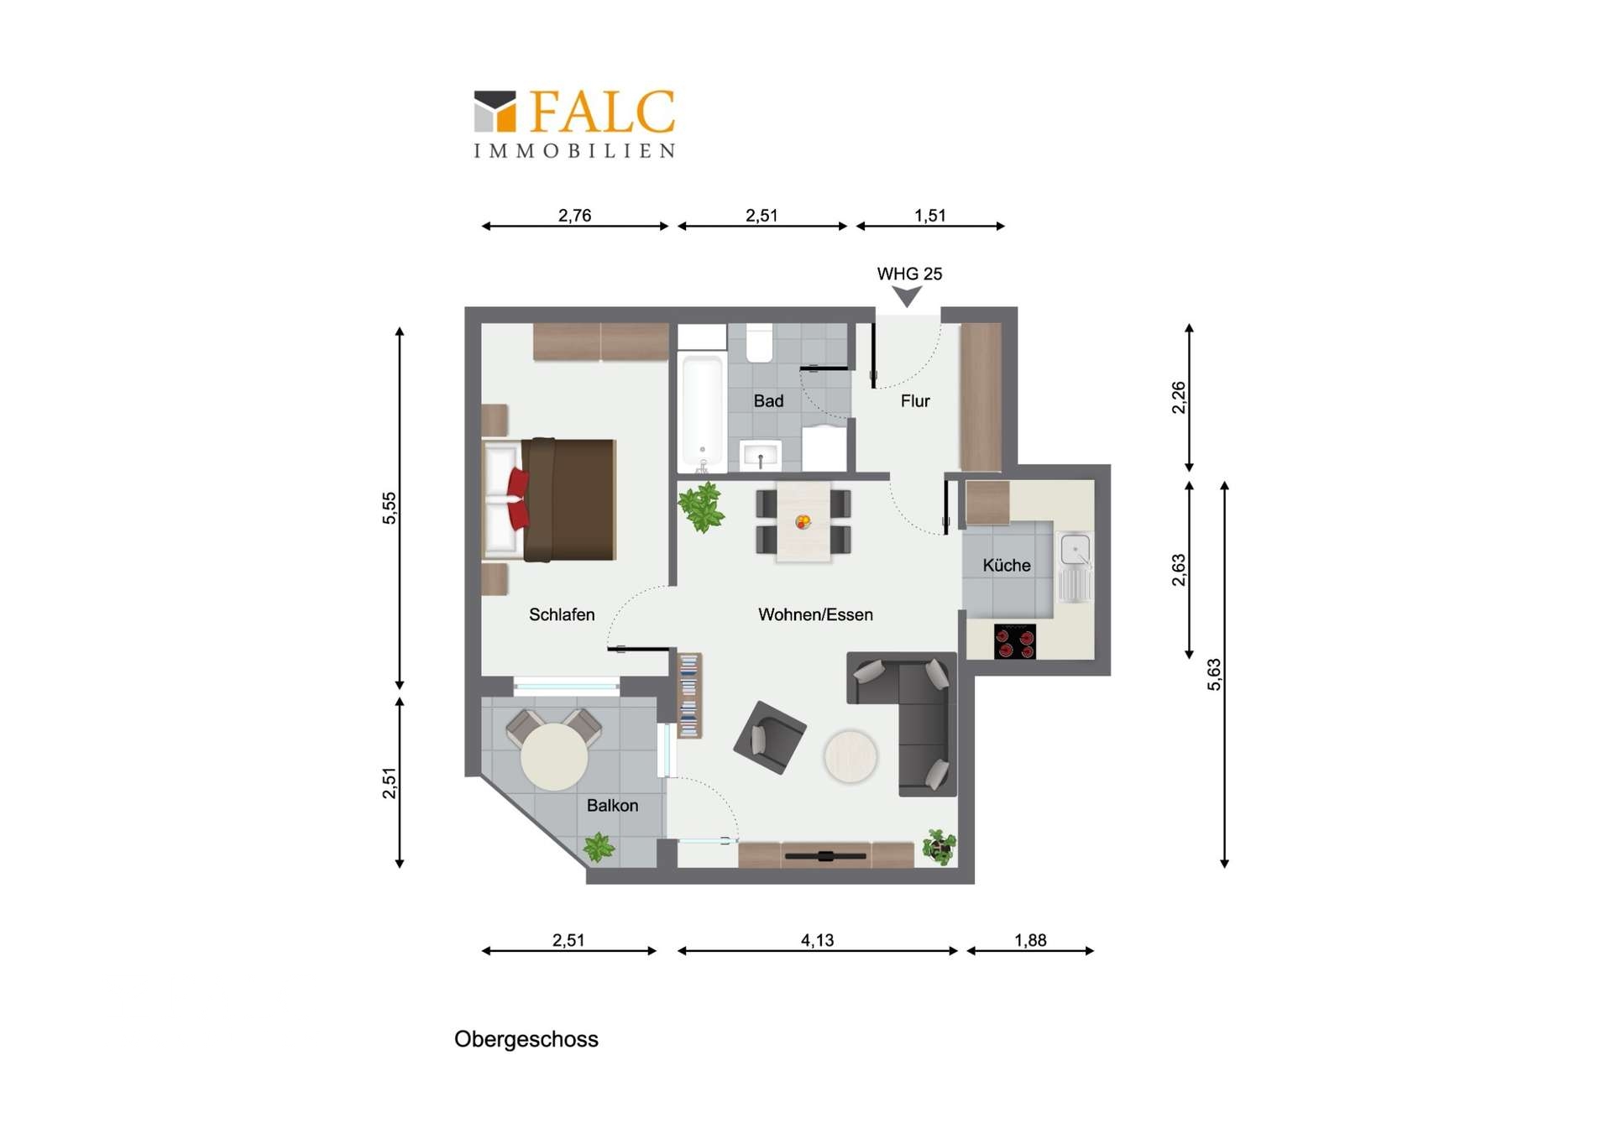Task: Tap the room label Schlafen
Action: coord(562,614)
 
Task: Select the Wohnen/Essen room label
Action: coord(815,614)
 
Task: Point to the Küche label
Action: coord(1007,565)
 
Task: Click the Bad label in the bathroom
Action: coord(768,400)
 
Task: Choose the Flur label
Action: coord(915,400)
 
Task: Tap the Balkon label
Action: coord(612,805)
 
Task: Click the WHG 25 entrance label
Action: coord(909,274)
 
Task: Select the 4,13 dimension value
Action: coord(817,940)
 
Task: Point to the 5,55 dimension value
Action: coord(390,508)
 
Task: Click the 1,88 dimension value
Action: coord(1030,940)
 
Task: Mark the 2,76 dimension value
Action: coord(574,216)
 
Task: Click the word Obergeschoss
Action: coord(526,1039)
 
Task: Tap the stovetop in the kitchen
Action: coord(1014,641)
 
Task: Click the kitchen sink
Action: coord(1075,567)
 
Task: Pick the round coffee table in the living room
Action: coord(850,756)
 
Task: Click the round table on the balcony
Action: coord(554,756)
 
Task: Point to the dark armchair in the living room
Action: coord(770,737)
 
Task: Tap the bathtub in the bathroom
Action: coord(702,411)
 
